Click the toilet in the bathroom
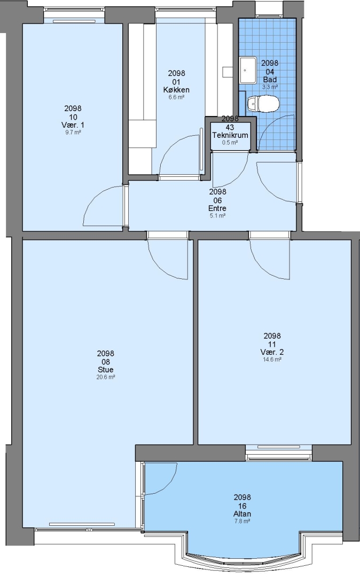point(263,104)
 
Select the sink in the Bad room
point(248,70)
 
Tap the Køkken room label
point(176,90)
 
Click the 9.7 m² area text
point(73,132)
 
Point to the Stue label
point(106,370)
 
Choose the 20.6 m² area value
point(106,377)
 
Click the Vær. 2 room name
point(272,352)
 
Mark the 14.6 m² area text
point(272,359)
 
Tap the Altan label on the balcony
point(242,514)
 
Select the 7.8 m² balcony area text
point(242,521)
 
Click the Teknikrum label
point(230,135)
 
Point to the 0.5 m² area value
point(230,143)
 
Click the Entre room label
point(217,208)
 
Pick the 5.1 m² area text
point(217,216)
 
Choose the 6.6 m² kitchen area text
point(176,97)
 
